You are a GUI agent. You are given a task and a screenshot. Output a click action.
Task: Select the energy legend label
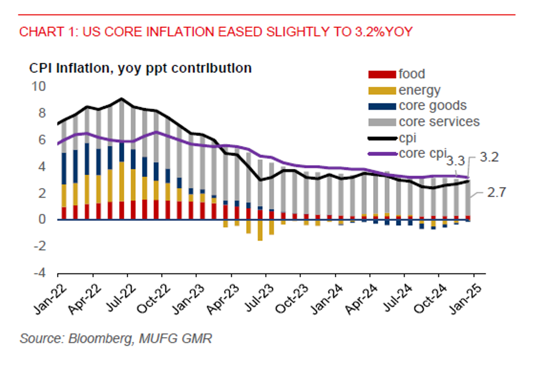coord(420,90)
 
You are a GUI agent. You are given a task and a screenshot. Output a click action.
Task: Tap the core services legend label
coord(439,122)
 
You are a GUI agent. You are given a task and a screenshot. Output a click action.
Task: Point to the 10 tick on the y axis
coord(41,86)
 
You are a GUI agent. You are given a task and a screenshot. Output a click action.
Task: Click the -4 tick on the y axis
coord(42,272)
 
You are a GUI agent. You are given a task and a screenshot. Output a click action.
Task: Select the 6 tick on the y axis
coord(43,139)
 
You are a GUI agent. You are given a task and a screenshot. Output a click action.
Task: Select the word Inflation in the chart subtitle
coord(73,68)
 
